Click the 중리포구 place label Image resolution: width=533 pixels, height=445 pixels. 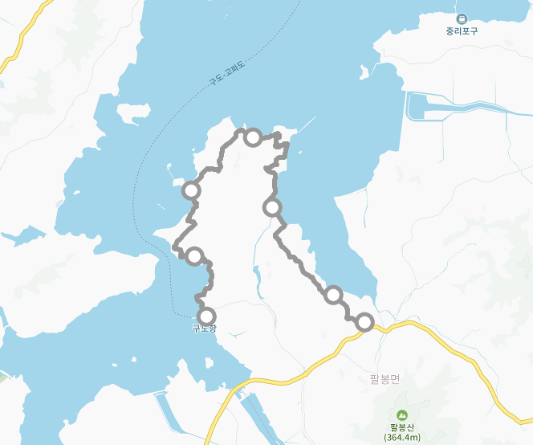(x=462, y=32)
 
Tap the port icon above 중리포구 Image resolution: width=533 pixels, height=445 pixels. (x=462, y=18)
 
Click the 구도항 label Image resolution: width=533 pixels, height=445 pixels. (x=204, y=328)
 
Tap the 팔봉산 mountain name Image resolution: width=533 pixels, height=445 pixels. (x=399, y=427)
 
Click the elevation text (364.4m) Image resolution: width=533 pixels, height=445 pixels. (x=399, y=437)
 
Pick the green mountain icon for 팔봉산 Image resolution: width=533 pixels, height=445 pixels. (x=399, y=414)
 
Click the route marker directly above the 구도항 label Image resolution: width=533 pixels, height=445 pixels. (x=207, y=316)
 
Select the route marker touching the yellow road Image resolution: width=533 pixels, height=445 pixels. (x=364, y=322)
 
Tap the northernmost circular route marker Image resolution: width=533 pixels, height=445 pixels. (x=252, y=137)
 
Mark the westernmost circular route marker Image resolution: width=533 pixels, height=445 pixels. (x=191, y=190)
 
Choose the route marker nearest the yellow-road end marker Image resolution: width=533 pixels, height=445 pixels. (x=333, y=294)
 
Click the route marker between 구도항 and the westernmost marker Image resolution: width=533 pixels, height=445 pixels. (x=194, y=256)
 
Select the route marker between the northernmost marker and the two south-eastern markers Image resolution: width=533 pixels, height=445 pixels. (x=273, y=207)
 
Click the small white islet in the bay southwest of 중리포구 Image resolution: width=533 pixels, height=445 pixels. (x=365, y=73)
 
